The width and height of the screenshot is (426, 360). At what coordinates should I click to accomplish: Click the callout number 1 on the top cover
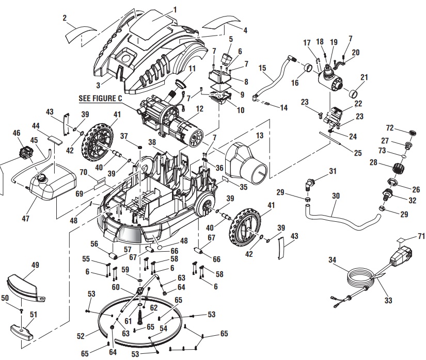pos(174,9)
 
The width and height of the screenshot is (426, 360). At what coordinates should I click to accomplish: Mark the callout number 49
pos(36,265)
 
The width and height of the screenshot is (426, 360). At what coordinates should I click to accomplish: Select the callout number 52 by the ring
pos(80,335)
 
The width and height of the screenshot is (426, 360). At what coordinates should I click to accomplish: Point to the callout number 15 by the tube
pos(262,67)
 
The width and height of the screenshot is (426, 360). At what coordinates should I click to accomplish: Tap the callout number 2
pos(65,18)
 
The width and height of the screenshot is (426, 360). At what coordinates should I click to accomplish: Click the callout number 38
pos(152,141)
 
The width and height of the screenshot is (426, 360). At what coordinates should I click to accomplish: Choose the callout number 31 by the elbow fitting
pos(333,171)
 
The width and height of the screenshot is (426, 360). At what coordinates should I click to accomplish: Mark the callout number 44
pos(36,126)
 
